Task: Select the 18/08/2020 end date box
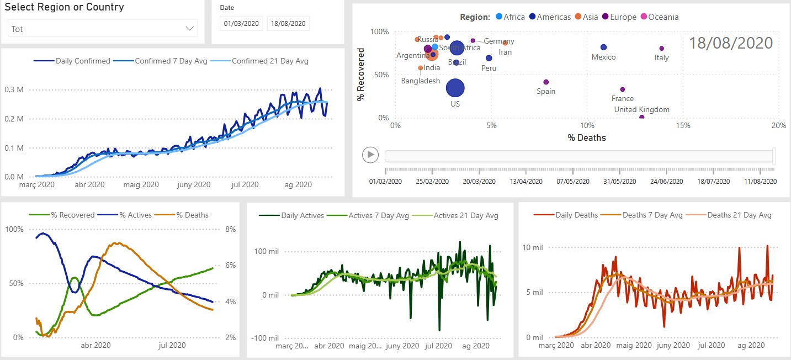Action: click(288, 23)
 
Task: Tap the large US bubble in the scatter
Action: click(455, 87)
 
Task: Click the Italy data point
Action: click(662, 49)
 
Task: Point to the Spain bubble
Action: click(546, 82)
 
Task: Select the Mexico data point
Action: click(603, 47)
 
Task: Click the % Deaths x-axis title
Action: click(587, 138)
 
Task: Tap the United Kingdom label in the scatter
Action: click(642, 109)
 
